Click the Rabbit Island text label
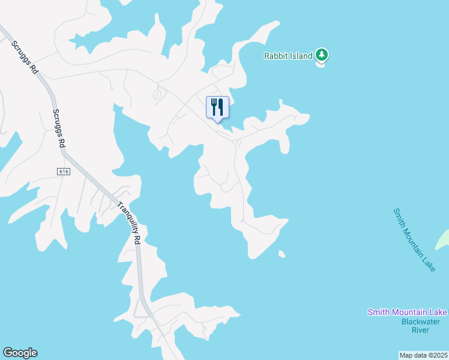click(x=288, y=56)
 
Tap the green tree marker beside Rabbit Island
click(x=322, y=55)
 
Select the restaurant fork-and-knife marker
click(x=217, y=107)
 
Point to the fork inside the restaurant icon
click(x=214, y=107)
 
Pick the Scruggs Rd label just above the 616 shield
click(x=58, y=129)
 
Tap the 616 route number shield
click(x=65, y=172)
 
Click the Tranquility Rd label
click(x=128, y=222)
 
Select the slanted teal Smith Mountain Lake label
click(x=414, y=239)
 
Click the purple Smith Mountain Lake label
click(x=407, y=312)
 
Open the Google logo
click(x=20, y=353)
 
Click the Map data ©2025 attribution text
click(x=423, y=355)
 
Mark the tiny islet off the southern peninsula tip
click(x=282, y=254)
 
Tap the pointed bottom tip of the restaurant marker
click(x=217, y=122)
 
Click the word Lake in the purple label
click(x=437, y=312)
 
